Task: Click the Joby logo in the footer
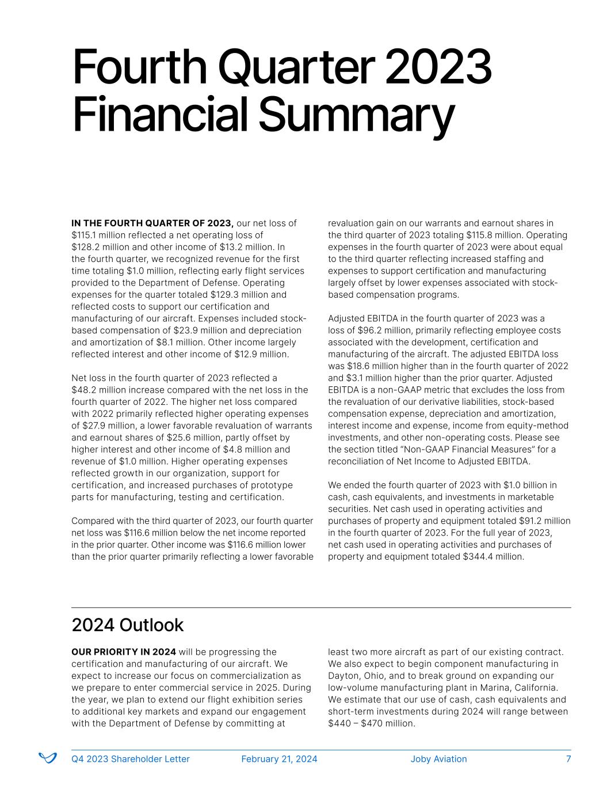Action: tap(47, 758)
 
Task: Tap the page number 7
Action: tap(568, 759)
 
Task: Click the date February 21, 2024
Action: tap(279, 759)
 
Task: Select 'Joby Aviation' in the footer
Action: tap(438, 759)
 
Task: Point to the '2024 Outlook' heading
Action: tap(127, 625)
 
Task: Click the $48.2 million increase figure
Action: tap(98, 390)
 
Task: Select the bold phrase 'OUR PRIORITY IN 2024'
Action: tap(123, 652)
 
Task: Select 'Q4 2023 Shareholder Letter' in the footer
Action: tap(130, 759)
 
